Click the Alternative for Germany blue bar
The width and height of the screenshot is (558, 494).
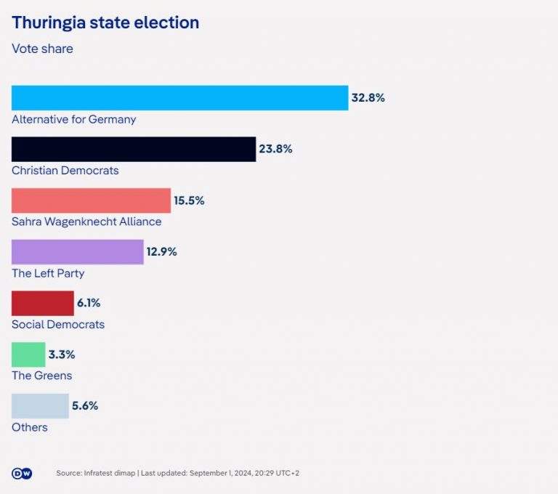coord(179,98)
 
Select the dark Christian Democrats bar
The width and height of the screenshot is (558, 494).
coord(134,149)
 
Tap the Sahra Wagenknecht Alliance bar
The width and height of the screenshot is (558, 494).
coord(91,201)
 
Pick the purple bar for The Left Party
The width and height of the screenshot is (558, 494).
coord(78,252)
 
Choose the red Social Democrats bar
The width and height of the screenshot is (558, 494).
coord(43,303)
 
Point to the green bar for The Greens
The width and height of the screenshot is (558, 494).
coord(28,355)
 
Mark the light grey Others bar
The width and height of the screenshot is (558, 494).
coord(40,406)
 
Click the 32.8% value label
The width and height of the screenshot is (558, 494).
coord(368,98)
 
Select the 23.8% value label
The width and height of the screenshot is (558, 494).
coord(275,149)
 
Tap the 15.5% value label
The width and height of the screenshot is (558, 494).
coord(189,201)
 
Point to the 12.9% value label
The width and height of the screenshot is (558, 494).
coord(161,252)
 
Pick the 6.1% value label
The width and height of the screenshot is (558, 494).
coord(89,303)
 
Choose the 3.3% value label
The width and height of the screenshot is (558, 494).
coord(62,355)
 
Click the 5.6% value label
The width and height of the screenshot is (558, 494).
coord(84,406)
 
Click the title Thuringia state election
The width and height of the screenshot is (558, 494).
coord(105,23)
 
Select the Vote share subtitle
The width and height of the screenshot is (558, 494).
coord(42,49)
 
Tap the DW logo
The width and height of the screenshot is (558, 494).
coord(22,473)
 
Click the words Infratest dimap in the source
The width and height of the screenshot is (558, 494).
coord(109,473)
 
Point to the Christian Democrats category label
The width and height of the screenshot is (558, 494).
coord(65,171)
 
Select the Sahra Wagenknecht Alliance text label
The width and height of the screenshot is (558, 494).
coord(86,222)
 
